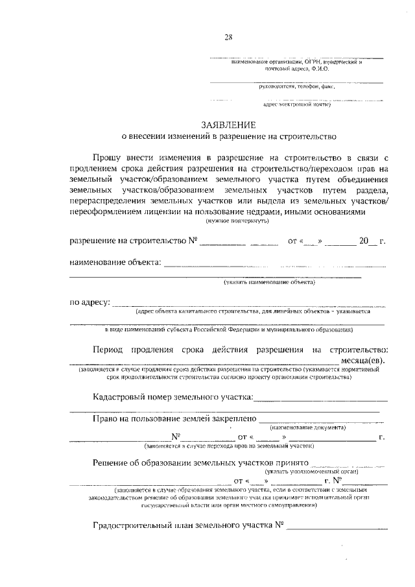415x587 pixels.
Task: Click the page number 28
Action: [228, 37]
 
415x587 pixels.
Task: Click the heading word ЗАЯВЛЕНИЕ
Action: [228, 125]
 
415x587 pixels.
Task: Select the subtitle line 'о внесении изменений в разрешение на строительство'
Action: [228, 137]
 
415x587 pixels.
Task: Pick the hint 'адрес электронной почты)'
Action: [296, 104]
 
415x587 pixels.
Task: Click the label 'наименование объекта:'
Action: [114, 263]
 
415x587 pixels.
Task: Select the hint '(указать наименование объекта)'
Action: [269, 282]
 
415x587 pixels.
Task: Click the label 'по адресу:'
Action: [90, 302]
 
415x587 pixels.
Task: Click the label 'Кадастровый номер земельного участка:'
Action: [173, 397]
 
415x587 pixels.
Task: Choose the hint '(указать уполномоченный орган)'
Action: [316, 472]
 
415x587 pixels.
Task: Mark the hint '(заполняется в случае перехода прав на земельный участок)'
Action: [228, 447]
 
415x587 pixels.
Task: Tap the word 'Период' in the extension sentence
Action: [108, 350]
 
